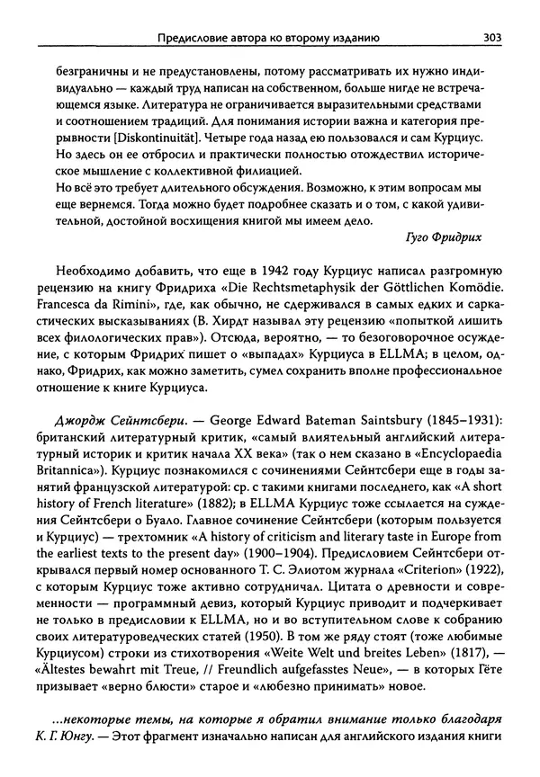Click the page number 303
(491, 37)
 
